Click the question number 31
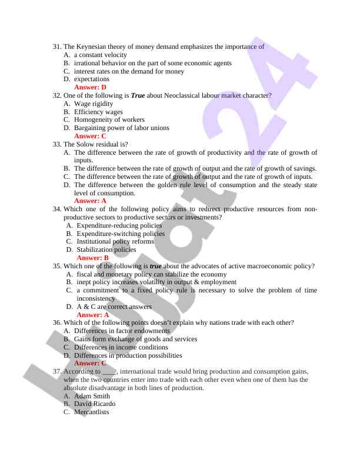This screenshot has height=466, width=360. [x=57, y=46]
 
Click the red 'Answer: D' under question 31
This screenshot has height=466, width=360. [x=90, y=87]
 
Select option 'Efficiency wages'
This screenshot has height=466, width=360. [x=98, y=112]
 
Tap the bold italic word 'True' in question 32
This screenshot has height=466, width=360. [x=138, y=95]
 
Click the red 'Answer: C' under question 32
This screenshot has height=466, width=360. [x=90, y=136]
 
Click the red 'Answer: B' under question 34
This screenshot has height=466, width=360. [x=93, y=258]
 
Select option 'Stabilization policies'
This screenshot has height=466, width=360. [x=106, y=249]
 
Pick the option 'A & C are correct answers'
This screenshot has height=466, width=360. [x=114, y=307]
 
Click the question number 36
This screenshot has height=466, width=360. [x=57, y=322]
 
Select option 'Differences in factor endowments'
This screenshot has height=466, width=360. [x=122, y=331]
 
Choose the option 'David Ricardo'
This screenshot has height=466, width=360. [x=95, y=404]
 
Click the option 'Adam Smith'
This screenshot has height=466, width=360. [x=92, y=396]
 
